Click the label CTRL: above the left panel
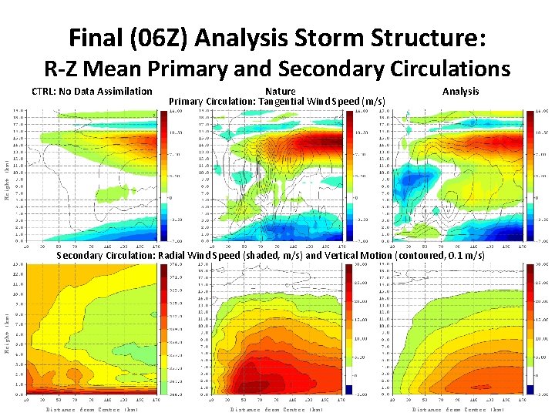[45, 92]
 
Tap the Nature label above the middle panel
[279, 92]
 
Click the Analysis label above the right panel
[460, 92]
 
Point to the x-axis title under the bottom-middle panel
[275, 409]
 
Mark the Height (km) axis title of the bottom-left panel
[8, 334]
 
